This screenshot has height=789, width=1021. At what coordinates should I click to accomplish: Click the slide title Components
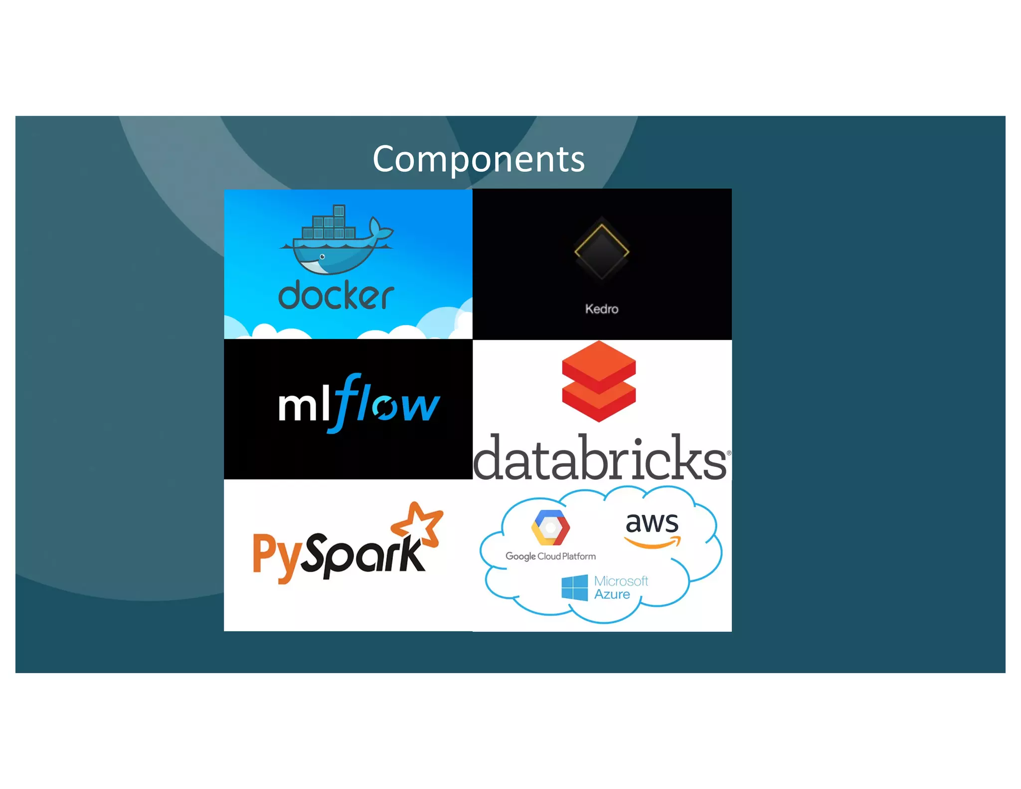click(478, 159)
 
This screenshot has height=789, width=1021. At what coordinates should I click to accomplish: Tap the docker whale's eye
click(322, 257)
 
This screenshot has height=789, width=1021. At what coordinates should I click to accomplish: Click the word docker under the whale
click(336, 295)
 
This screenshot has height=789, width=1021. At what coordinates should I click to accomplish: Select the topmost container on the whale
click(339, 210)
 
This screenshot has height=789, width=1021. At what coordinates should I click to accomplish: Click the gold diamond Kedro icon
click(601, 251)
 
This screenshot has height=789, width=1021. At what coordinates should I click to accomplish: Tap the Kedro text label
click(601, 309)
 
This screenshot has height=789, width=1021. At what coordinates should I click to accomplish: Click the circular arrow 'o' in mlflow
click(385, 407)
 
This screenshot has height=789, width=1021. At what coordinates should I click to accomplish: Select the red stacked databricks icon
click(598, 381)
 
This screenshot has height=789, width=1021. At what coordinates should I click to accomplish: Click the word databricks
click(600, 458)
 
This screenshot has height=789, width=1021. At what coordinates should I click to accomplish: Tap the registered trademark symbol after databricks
click(728, 453)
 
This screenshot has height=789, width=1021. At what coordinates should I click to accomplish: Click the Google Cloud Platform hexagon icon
click(550, 528)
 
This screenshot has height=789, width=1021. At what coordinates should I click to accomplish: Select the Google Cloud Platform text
click(550, 556)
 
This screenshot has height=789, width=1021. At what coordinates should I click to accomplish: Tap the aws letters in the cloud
click(652, 523)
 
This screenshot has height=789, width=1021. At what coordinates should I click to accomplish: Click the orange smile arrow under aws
click(653, 543)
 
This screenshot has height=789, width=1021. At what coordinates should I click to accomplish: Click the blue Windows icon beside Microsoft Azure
click(574, 588)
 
